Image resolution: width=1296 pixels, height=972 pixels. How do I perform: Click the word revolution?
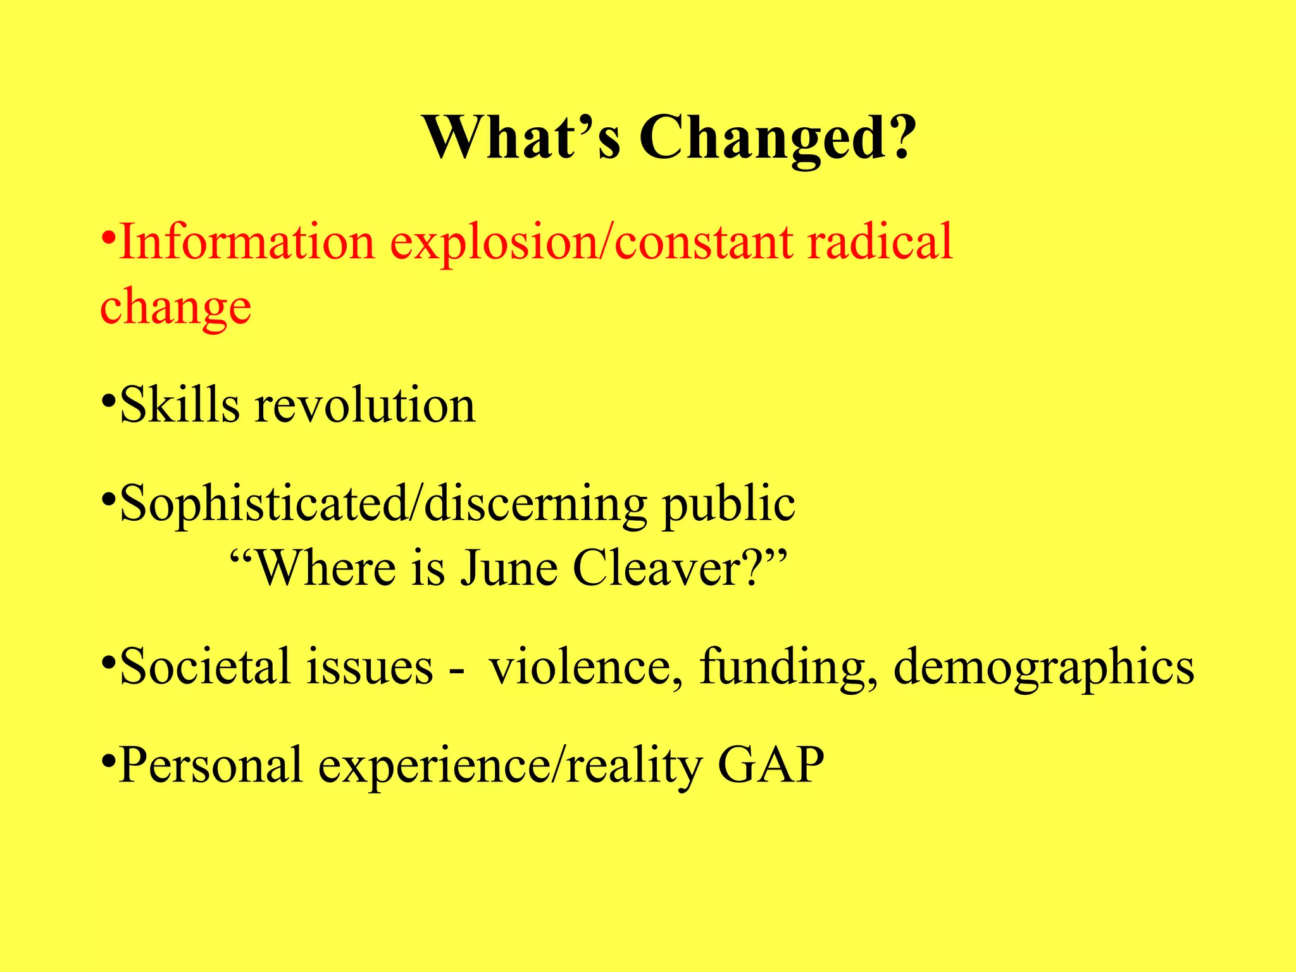click(x=365, y=405)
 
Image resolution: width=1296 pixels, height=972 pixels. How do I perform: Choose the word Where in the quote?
click(x=327, y=568)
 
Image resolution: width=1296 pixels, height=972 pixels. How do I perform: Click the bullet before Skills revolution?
click(x=108, y=401)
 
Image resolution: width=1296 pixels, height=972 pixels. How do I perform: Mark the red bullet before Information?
click(x=108, y=238)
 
